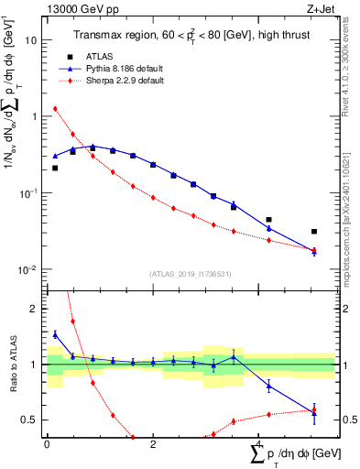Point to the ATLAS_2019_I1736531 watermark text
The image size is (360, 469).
coord(191,274)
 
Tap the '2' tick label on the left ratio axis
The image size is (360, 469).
coord(35,309)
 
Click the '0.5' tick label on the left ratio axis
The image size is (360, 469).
coord(30,420)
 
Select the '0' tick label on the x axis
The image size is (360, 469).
coord(47,443)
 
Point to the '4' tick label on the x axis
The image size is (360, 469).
coord(258,443)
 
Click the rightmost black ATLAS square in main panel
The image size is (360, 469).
coord(314,232)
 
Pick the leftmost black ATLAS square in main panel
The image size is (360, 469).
coord(55,168)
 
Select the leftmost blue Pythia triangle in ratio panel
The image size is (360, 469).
coord(55,334)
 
